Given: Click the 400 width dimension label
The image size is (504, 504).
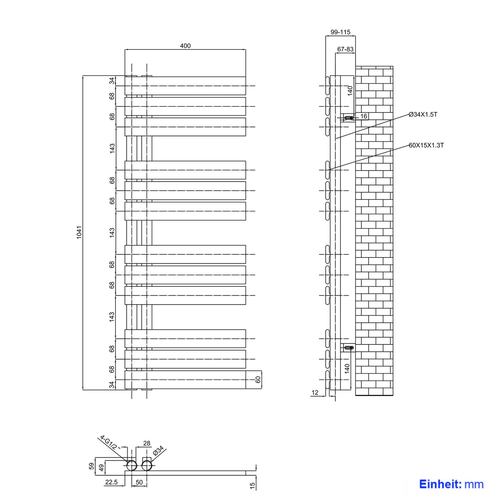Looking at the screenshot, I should [x=185, y=46].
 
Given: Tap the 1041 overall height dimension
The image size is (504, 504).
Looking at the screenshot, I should [x=79, y=232].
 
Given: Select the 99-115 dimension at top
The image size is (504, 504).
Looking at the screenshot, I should [x=340, y=32].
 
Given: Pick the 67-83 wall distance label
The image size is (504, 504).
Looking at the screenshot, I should [x=345, y=49].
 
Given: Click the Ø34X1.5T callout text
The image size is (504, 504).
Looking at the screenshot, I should [x=423, y=114].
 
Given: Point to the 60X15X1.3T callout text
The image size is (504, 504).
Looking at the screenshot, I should [x=426, y=145].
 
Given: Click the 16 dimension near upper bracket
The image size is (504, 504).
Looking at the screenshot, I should [x=364, y=116].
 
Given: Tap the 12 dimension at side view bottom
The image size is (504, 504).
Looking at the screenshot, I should [x=315, y=392].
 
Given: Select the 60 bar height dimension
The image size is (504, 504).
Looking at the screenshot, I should [x=258, y=380].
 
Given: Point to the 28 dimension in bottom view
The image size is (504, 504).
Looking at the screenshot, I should [x=146, y=444].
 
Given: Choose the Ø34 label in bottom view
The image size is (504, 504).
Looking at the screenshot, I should [x=158, y=450].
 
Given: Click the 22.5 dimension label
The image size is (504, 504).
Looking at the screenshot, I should [x=111, y=482].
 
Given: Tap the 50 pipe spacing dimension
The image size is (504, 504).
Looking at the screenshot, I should [x=139, y=482].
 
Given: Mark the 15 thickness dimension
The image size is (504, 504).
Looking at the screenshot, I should [x=252, y=485].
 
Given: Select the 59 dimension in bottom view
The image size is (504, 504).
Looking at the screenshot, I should [x=91, y=466].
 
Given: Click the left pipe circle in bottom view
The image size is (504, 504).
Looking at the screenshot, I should [x=131, y=466].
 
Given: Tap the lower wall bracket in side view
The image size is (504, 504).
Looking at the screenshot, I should [x=348, y=348].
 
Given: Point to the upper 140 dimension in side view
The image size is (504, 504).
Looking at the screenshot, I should [x=350, y=91].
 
